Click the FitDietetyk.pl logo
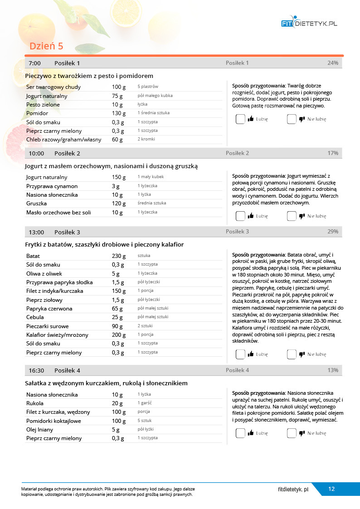[309, 23]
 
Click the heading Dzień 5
[46, 46]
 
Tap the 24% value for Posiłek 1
[333, 63]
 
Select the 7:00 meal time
[35, 63]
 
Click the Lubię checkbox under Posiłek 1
[240, 119]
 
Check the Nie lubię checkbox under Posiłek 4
[292, 433]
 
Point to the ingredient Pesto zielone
[43, 105]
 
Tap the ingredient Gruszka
[36, 204]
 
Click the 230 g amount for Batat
[119, 256]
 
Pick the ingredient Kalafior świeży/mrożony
[57, 335]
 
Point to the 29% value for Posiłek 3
[333, 232]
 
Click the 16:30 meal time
[36, 370]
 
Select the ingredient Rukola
[35, 403]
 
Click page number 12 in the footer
[331, 489]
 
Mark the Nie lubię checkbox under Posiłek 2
[292, 216]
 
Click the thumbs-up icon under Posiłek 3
[251, 354]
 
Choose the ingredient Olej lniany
[39, 430]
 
